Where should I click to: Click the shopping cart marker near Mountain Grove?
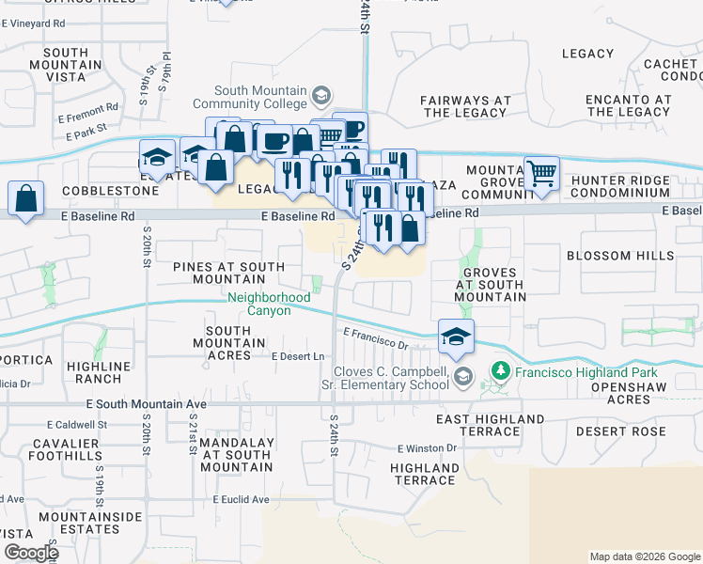click(542, 174)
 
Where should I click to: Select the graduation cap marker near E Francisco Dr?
click(456, 337)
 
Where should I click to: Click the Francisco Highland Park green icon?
click(499, 371)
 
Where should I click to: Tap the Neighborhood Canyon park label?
click(269, 304)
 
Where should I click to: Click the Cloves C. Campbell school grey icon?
click(461, 377)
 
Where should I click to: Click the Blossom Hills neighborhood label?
click(620, 256)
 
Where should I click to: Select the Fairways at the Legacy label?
click(465, 106)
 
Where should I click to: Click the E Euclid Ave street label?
click(241, 499)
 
